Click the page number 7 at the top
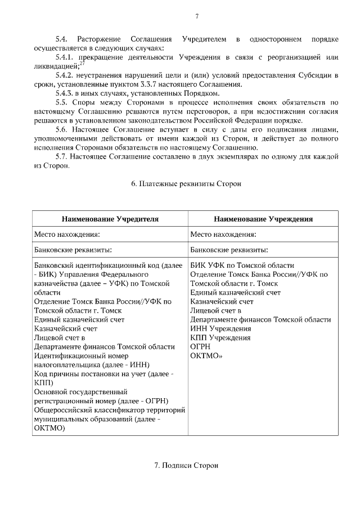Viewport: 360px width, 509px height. click(197, 16)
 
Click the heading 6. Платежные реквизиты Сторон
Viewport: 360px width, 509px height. click(186, 184)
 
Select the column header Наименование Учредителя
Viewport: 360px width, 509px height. click(110, 218)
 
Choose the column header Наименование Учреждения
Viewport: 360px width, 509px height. click(263, 218)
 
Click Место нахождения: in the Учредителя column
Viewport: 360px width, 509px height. click(67, 234)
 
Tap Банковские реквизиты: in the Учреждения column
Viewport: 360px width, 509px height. click(228, 250)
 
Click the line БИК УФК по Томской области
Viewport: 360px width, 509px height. click(242, 265)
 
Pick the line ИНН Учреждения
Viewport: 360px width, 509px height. click(220, 328)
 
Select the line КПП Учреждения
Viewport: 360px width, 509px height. click(220, 337)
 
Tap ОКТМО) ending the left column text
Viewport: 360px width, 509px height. click(49, 427)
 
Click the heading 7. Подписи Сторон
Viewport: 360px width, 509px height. click(186, 466)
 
